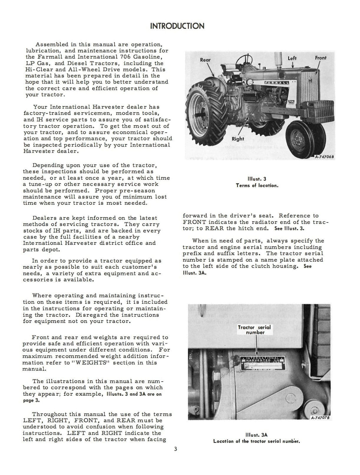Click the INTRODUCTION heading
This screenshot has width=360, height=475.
pyautogui.click(x=177, y=26)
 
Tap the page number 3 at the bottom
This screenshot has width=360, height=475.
pyautogui.click(x=175, y=457)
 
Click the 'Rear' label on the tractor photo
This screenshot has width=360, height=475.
pyautogui.click(x=205, y=60)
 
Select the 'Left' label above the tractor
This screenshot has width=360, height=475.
pyautogui.click(x=292, y=58)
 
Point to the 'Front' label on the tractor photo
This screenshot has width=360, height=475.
pyautogui.click(x=320, y=58)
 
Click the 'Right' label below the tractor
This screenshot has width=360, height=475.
pyautogui.click(x=238, y=139)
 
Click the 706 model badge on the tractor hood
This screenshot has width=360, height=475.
pyautogui.click(x=291, y=102)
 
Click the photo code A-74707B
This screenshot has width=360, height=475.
pyautogui.click(x=320, y=417)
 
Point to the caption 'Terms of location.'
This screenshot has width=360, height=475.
pyautogui.click(x=257, y=186)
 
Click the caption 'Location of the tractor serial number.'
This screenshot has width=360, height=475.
pyautogui.click(x=256, y=441)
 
